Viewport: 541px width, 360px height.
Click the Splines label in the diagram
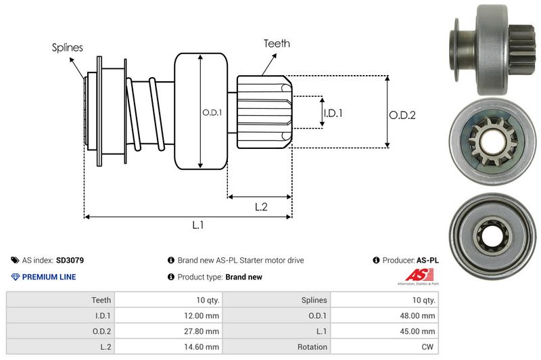[x=67, y=47]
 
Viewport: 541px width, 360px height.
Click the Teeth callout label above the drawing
[x=277, y=43]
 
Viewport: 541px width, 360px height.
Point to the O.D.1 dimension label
[x=212, y=112]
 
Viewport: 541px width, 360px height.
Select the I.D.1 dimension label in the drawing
[x=333, y=113]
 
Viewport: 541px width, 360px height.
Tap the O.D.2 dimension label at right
[x=402, y=115]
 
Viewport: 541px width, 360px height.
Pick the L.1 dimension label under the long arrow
[x=198, y=225]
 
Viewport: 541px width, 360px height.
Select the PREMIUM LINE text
[x=49, y=277]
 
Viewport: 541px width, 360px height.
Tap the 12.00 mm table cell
[x=204, y=315]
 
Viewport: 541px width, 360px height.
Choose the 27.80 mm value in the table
[x=204, y=331]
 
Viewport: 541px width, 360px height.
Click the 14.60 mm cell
[x=204, y=346]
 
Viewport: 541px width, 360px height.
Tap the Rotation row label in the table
[x=312, y=346]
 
